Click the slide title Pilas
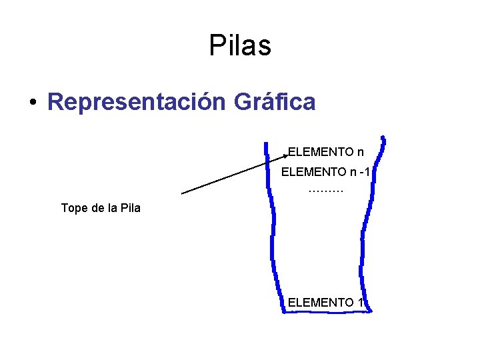(240, 45)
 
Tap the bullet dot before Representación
(32, 103)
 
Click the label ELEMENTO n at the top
(326, 152)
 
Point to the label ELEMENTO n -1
(325, 172)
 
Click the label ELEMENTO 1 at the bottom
(326, 303)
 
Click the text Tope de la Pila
(101, 208)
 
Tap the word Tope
(74, 208)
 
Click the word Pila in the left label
(129, 208)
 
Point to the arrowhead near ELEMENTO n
(285, 157)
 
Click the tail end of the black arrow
(183, 193)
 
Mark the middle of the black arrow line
(234, 175)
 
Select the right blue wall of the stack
(363, 233)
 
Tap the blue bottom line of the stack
(327, 311)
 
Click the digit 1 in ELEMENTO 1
(360, 303)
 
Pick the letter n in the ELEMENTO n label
(360, 152)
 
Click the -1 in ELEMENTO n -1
(364, 172)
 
